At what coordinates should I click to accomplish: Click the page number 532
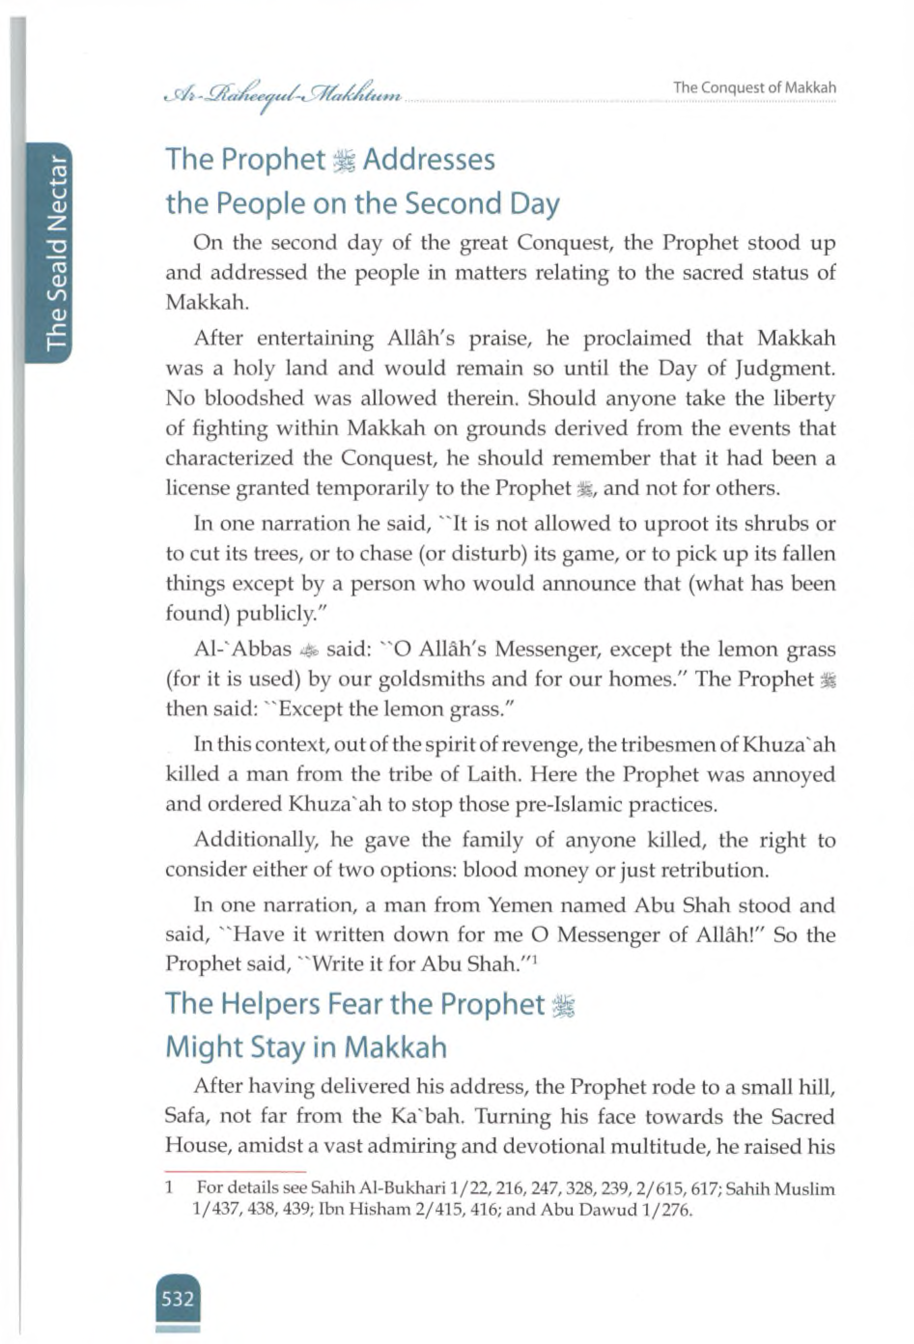pos(178,1300)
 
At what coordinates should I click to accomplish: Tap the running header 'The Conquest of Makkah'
pos(755,88)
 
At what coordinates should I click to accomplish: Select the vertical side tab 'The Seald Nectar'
pos(56,253)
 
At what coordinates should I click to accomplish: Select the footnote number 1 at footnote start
pos(170,1188)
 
